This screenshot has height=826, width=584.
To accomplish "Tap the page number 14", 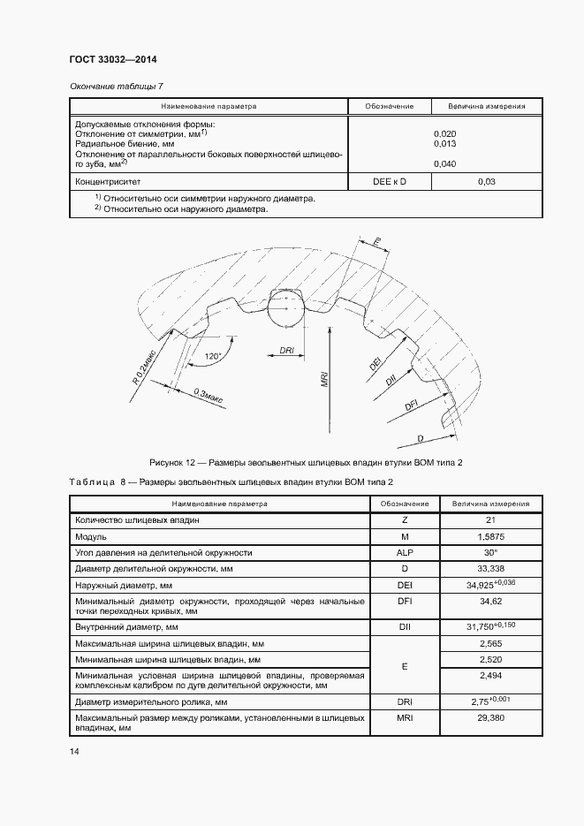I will [74, 751].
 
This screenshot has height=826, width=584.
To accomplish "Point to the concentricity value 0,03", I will [487, 181].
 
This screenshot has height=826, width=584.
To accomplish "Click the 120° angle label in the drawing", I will [212, 357].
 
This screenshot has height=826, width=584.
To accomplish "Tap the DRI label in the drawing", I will [286, 351].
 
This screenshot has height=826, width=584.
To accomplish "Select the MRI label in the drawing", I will [325, 380].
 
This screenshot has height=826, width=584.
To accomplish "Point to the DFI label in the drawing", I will [411, 405].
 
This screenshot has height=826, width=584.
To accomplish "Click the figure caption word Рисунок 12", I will [173, 463].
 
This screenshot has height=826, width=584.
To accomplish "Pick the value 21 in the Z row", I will [490, 520].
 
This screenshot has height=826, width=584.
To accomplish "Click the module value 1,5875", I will [490, 536].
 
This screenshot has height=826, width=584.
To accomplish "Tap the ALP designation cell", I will [405, 552].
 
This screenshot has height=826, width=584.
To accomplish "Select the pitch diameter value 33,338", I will [490, 568].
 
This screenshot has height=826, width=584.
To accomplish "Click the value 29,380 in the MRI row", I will [490, 719].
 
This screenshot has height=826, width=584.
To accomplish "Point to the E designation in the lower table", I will [405, 667].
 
